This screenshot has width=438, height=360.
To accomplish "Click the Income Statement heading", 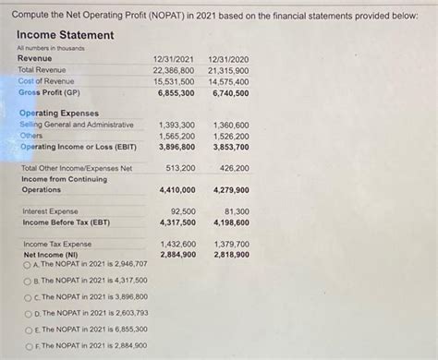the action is point(66,35).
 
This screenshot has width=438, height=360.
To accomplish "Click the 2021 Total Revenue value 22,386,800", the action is point(174,69).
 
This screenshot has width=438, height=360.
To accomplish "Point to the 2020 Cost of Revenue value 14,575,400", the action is point(228,81).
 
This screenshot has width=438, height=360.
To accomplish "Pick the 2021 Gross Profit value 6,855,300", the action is point(176,93).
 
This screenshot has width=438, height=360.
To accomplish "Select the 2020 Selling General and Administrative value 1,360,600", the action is point(230,124).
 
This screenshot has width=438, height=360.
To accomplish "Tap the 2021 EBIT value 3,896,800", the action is point(176,147).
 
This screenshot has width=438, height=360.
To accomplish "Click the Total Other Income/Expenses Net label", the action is point(77,168).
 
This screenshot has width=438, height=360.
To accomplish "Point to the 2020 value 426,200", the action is point(234,168).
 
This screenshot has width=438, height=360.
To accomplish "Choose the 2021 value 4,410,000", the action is point(176,190).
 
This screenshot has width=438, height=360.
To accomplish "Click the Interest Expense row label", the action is point(50,211).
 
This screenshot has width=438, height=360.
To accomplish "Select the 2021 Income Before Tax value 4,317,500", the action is point(176,222).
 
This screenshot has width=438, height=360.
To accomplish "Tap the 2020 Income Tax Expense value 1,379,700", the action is point(230,244).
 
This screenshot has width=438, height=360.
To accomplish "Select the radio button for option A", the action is point(28,263).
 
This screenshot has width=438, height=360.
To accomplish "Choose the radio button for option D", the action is point(28,313).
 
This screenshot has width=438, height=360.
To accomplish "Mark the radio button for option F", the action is point(28,345).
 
